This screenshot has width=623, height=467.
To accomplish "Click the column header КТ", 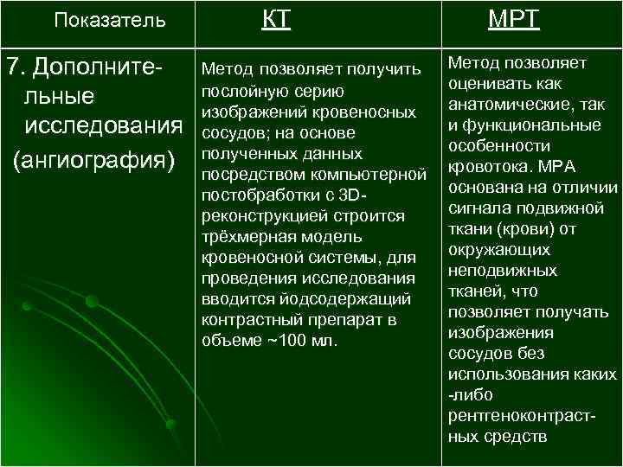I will click(x=276, y=19).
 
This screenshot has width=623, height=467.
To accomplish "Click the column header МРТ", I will click(x=514, y=19).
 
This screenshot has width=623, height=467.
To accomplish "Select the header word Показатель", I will click(x=109, y=20).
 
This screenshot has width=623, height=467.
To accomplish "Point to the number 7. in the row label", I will click(x=16, y=66).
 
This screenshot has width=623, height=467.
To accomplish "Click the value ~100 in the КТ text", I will click(x=283, y=341).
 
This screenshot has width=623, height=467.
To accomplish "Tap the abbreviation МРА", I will click(x=555, y=166).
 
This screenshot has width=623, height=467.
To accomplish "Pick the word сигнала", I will click(x=476, y=208).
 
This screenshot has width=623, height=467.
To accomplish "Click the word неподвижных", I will click(x=503, y=270).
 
